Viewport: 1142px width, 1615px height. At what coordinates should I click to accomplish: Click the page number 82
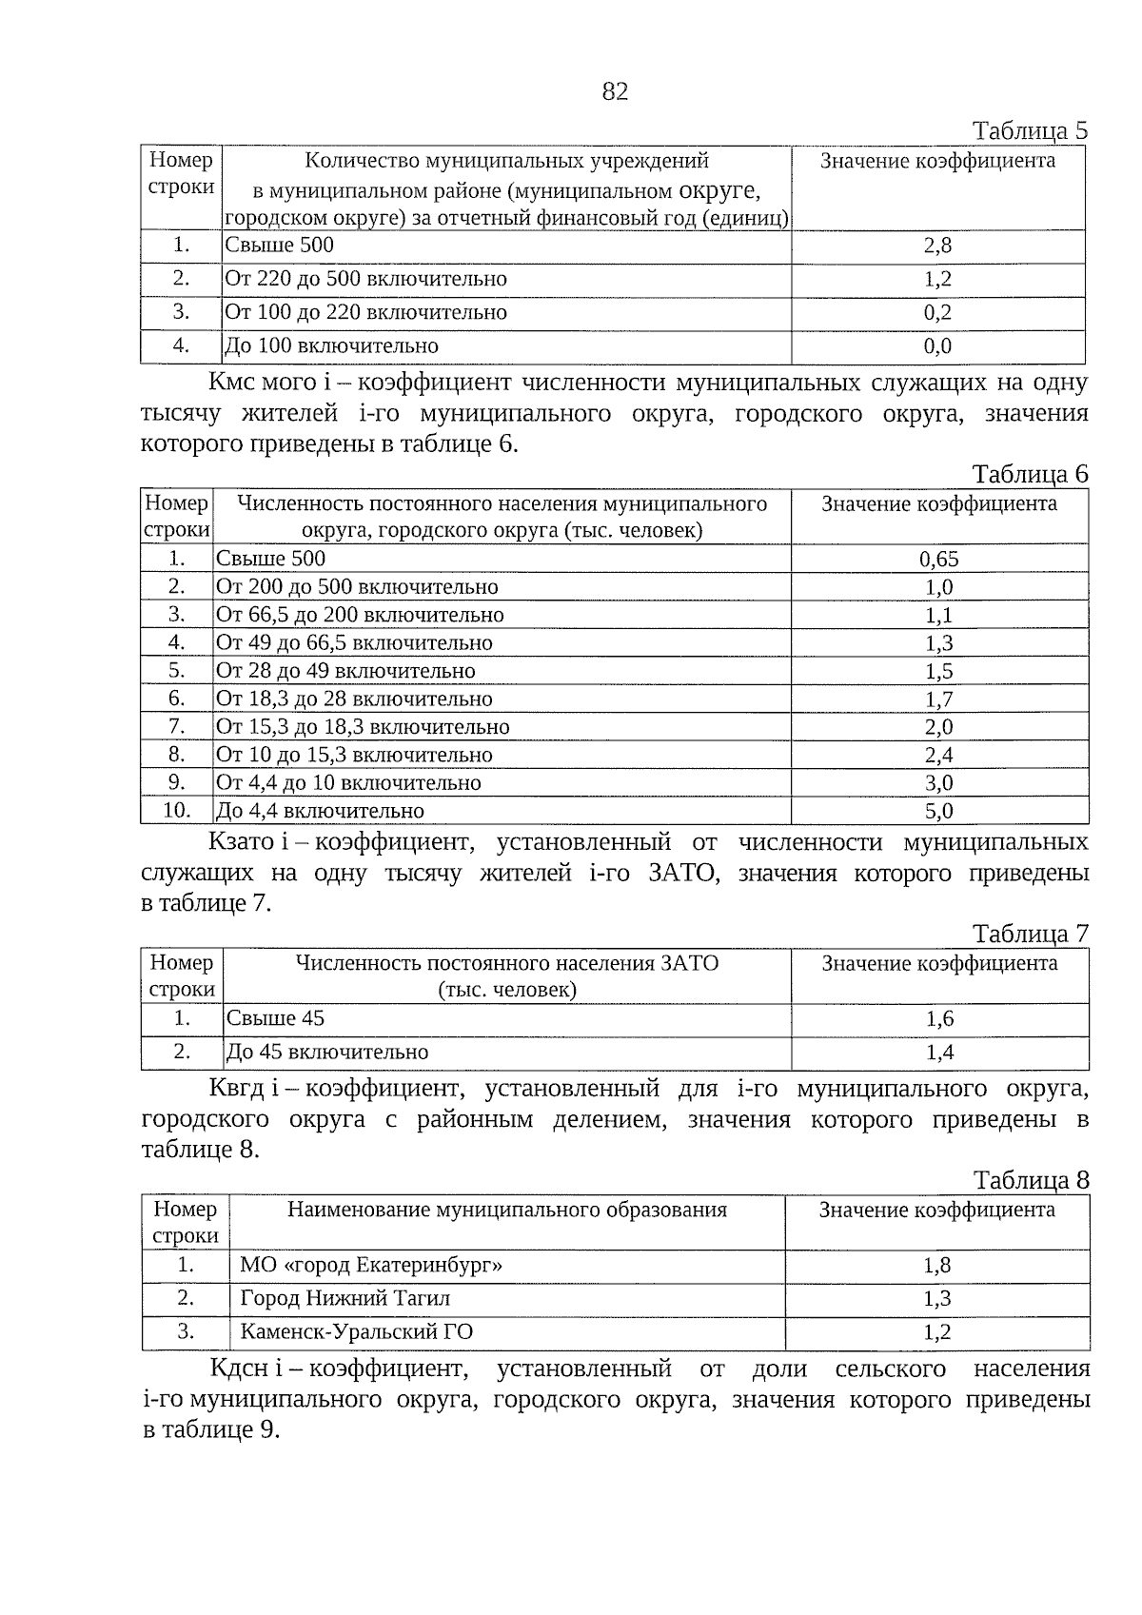(615, 91)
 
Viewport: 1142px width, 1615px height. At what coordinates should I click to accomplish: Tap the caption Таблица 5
(1029, 130)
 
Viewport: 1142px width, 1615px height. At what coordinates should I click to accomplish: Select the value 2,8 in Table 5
(937, 246)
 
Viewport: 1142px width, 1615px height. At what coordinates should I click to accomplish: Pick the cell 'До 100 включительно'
(331, 345)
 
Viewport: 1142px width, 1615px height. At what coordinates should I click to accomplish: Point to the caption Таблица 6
(1029, 474)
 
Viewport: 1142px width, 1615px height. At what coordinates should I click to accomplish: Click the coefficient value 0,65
(938, 559)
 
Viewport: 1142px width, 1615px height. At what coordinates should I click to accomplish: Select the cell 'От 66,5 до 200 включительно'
(360, 615)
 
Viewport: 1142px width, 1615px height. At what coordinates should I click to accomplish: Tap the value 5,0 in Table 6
(938, 811)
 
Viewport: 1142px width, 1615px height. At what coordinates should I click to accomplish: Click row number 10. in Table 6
(176, 811)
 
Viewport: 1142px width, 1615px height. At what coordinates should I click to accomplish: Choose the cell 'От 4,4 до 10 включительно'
(348, 783)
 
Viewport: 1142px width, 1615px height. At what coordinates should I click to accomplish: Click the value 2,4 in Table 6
(938, 755)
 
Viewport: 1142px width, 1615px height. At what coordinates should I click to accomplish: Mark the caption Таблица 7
(1030, 934)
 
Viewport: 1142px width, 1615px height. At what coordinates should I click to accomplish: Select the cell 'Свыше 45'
(275, 1018)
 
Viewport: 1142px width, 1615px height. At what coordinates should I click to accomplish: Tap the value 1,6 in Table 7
(939, 1019)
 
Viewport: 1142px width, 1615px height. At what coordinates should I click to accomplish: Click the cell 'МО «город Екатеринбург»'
(371, 1265)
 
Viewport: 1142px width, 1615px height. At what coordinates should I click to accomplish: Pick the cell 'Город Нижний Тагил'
(345, 1298)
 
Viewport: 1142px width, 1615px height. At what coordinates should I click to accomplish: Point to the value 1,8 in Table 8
(936, 1265)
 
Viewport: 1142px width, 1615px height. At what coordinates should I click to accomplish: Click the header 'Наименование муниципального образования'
(506, 1210)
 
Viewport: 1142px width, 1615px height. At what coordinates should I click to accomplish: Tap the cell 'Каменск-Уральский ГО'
(356, 1331)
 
